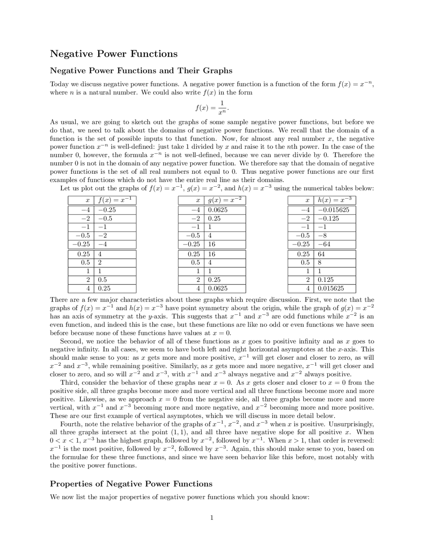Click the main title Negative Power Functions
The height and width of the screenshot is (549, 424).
[114, 54]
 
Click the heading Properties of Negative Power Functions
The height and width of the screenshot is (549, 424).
[131, 484]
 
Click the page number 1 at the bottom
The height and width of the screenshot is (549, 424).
[212, 518]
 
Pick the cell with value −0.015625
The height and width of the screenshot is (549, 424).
[333, 210]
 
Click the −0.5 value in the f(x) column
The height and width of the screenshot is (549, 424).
[105, 218]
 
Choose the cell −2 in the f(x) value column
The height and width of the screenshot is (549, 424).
[102, 236]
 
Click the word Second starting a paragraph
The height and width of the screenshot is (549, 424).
[71, 341]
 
